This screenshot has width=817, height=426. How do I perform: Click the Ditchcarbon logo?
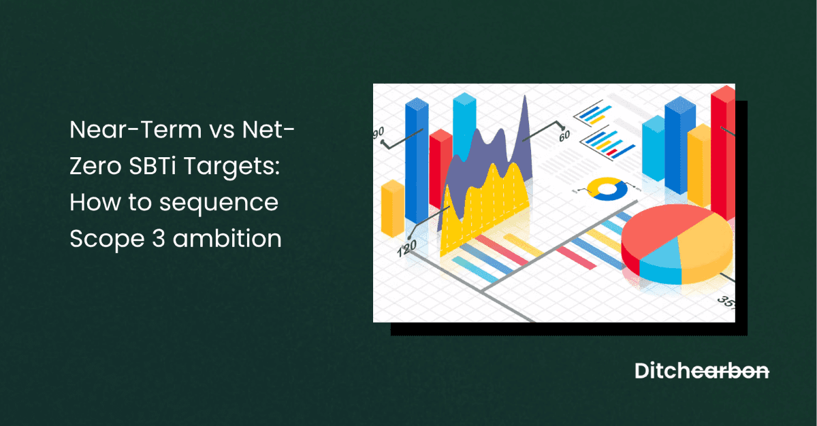click(x=702, y=371)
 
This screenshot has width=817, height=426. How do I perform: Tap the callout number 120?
click(x=406, y=249)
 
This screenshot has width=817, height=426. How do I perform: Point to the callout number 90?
click(x=379, y=131)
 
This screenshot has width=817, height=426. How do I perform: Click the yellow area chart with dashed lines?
click(x=483, y=204)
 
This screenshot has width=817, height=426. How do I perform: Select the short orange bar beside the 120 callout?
click(x=393, y=208)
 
